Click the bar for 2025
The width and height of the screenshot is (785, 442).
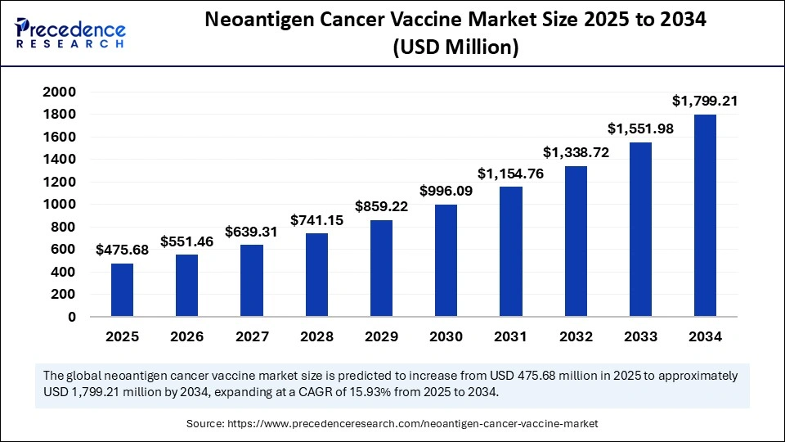(x=122, y=290)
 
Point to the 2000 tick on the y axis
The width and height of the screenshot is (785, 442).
(x=59, y=92)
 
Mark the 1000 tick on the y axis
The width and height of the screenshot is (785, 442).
(x=59, y=205)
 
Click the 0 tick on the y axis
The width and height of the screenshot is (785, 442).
(x=72, y=317)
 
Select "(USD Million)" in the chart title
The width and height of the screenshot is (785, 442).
(x=456, y=49)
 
